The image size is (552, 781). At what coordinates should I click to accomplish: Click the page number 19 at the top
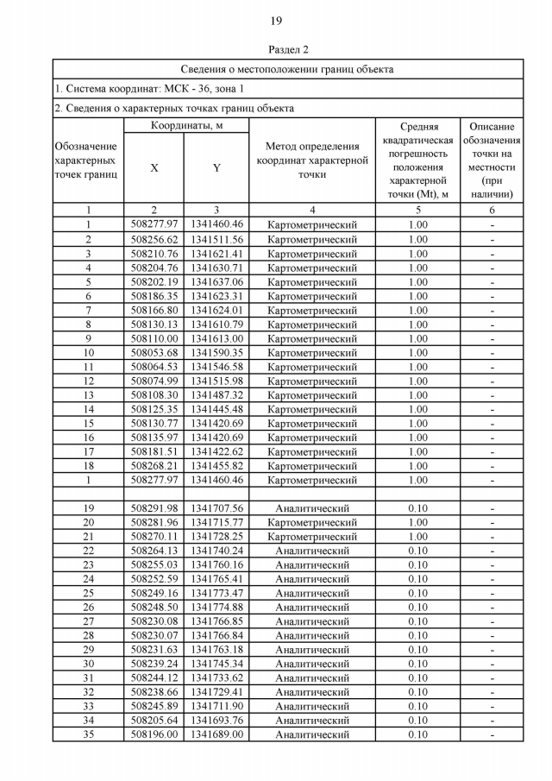pyautogui.click(x=276, y=20)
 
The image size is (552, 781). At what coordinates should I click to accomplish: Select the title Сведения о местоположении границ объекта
pyautogui.click(x=287, y=68)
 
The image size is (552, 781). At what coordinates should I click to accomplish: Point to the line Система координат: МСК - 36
pyautogui.click(x=149, y=88)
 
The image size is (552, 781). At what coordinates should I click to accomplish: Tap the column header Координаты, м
pyautogui.click(x=187, y=127)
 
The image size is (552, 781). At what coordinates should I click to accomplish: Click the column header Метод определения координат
pyautogui.click(x=312, y=161)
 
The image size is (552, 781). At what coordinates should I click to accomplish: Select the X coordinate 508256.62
pyautogui.click(x=154, y=239)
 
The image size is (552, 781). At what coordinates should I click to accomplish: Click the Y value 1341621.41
pyautogui.click(x=216, y=254)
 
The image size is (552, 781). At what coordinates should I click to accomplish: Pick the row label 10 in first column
pyautogui.click(x=88, y=352)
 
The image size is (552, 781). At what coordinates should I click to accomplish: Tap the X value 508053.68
pyautogui.click(x=154, y=352)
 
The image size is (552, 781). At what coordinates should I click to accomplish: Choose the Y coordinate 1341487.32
pyautogui.click(x=216, y=394)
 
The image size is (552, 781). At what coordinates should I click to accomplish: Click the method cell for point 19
pyautogui.click(x=312, y=508)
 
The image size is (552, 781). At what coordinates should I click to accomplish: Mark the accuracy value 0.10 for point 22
pyautogui.click(x=417, y=551)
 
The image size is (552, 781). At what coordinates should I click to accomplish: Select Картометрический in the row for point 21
pyautogui.click(x=312, y=537)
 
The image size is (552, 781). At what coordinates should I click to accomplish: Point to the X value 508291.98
pyautogui.click(x=154, y=508)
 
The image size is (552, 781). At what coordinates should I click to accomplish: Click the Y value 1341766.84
pyautogui.click(x=216, y=635)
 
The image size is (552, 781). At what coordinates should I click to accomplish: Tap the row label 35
pyautogui.click(x=88, y=734)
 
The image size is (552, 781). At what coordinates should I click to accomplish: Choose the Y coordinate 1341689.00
pyautogui.click(x=216, y=734)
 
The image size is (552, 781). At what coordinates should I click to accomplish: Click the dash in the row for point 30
pyautogui.click(x=492, y=664)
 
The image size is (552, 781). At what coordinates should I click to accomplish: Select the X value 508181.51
pyautogui.click(x=154, y=451)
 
